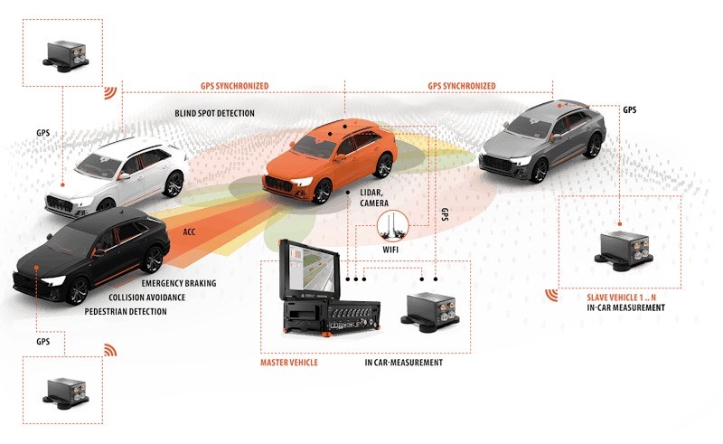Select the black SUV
(90, 253)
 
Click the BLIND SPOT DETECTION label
(214, 114)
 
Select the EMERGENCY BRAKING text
(178, 283)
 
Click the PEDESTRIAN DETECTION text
(126, 312)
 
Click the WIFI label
(391, 247)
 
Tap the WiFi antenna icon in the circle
(394, 223)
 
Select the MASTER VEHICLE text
(289, 362)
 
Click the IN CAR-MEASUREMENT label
(403, 362)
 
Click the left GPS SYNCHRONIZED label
(234, 87)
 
